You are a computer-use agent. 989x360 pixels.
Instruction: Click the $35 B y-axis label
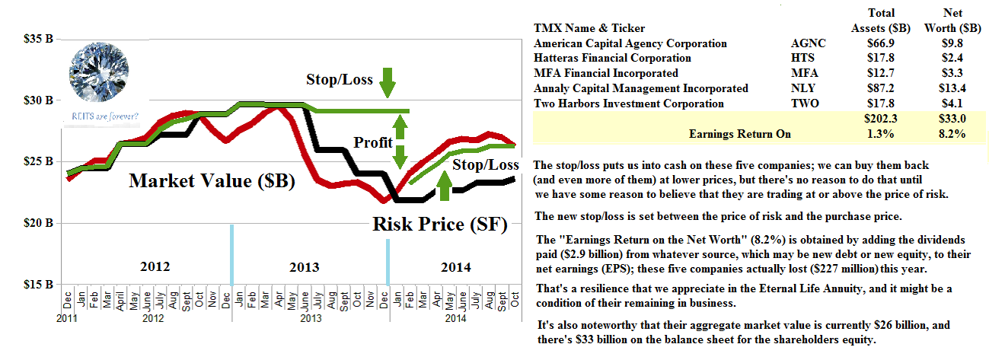pos(38,39)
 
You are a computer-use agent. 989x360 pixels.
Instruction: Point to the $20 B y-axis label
pos(38,224)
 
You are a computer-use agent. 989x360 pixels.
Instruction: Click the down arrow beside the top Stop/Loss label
pos(386,80)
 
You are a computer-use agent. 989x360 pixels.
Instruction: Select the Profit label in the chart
pos(373,142)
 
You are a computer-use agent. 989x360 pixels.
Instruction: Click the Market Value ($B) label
pos(212,181)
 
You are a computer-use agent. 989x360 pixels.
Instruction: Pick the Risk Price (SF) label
pos(439,225)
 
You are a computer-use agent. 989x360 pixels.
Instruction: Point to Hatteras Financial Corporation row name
pos(612,59)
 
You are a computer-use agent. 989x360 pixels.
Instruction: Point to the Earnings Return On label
pos(739,135)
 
